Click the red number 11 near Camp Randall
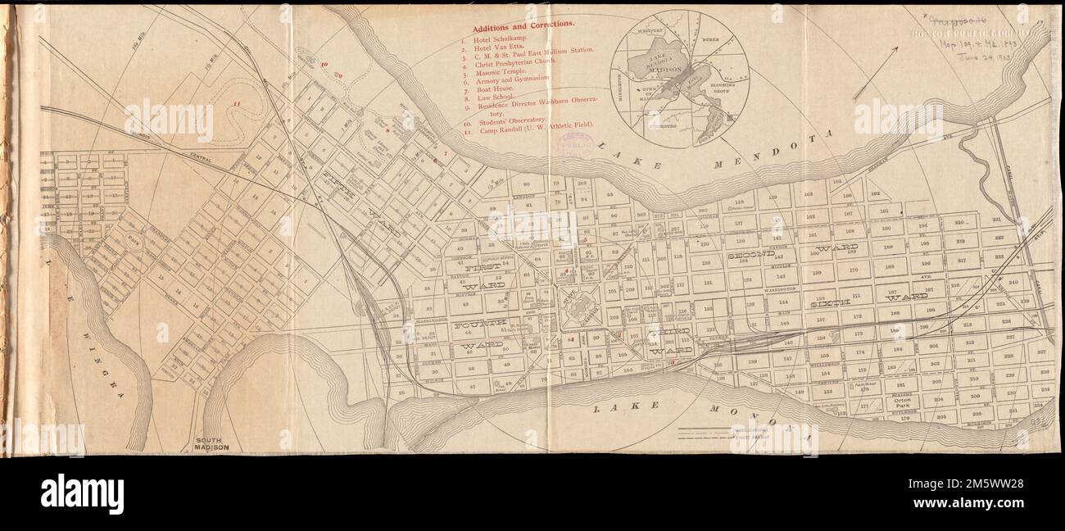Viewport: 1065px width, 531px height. (237, 104)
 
